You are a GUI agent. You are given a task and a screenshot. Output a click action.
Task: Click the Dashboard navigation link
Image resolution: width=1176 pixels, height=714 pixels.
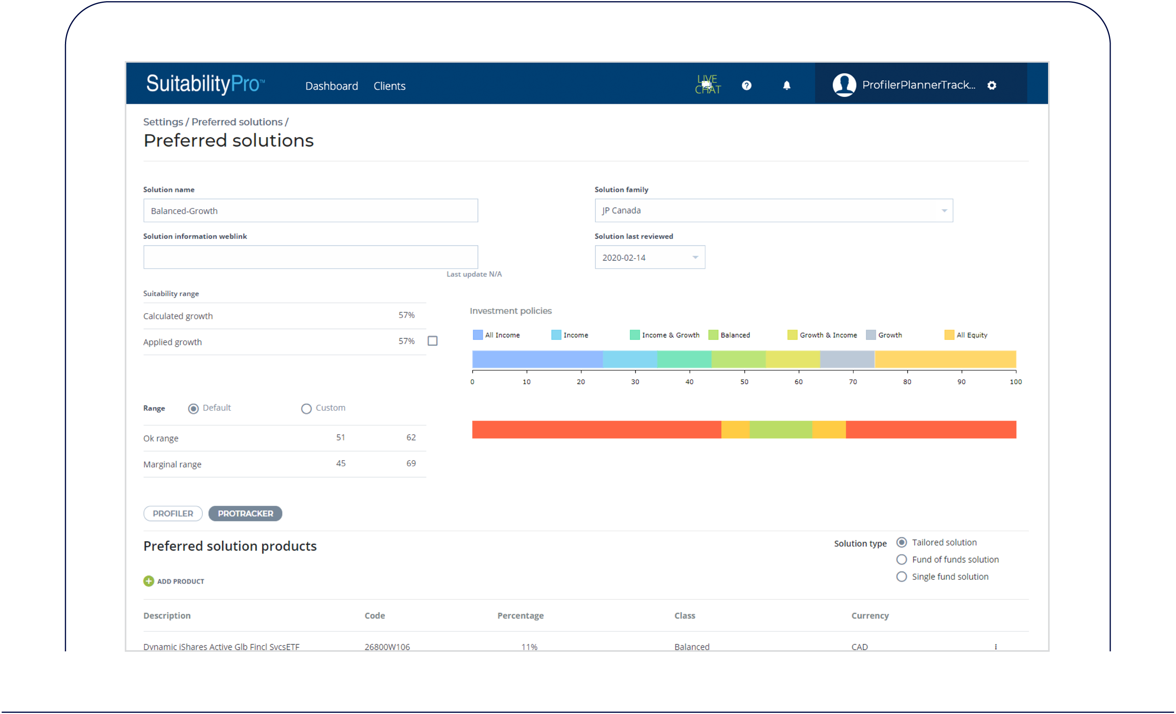click(331, 86)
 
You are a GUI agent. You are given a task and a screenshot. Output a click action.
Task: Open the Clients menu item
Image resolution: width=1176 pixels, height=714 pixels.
click(389, 86)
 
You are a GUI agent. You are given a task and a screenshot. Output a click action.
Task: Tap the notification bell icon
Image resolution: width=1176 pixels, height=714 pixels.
click(787, 86)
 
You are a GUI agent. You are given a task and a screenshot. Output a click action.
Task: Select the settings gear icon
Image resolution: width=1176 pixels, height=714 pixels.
click(992, 86)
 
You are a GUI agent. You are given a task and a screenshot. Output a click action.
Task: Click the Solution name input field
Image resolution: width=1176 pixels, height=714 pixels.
click(310, 211)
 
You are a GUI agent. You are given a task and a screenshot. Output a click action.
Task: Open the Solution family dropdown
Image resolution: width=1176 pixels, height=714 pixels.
click(773, 211)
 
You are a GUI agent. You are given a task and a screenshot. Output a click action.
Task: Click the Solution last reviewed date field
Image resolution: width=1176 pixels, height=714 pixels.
click(649, 257)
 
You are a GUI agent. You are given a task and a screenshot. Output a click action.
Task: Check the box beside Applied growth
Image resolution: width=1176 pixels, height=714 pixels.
click(433, 341)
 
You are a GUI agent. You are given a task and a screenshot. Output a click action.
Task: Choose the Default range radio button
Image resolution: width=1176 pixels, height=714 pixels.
click(193, 409)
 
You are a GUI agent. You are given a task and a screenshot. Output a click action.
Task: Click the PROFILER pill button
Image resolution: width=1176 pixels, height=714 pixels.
click(173, 513)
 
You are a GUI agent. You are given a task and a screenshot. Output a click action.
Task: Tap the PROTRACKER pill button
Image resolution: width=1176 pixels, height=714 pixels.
click(245, 513)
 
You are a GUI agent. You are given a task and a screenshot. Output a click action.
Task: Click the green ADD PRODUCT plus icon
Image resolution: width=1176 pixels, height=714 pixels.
click(149, 581)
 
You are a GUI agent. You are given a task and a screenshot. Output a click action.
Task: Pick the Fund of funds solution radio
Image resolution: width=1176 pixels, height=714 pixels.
click(902, 560)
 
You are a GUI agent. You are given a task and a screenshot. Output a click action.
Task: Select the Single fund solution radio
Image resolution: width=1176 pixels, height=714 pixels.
click(902, 577)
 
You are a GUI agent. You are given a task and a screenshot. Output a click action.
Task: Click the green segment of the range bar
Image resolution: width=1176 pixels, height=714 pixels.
click(781, 429)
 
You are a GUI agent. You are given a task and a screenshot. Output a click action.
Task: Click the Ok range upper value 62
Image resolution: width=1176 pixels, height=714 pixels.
click(411, 437)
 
